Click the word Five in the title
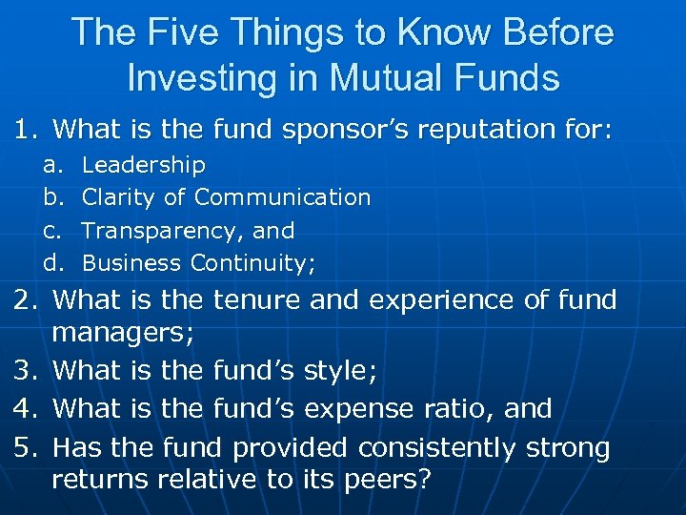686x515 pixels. pos(188,33)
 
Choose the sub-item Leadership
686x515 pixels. pos(144,165)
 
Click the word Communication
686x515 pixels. pos(282,197)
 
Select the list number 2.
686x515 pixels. pos(25,300)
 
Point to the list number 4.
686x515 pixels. pos(25,408)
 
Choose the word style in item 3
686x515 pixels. pos(339,370)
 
